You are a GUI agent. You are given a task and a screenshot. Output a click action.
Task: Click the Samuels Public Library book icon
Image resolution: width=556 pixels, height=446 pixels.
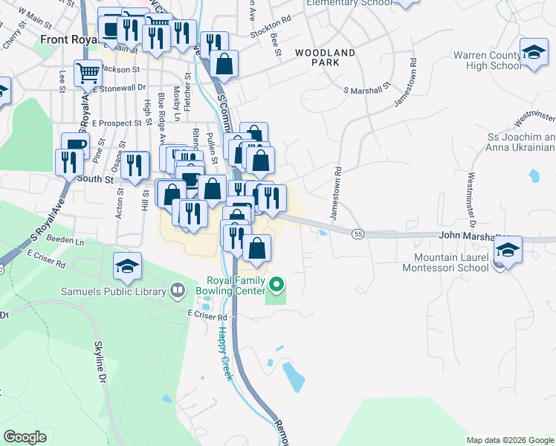pos(177,290)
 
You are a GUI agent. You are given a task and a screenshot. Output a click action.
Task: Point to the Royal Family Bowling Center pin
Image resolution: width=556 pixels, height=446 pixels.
pos(277,285)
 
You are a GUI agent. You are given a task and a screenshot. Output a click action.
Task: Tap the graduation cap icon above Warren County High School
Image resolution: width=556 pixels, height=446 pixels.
pos(534,53)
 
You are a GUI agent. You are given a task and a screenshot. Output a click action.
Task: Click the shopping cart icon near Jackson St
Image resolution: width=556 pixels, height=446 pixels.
pos(88,73)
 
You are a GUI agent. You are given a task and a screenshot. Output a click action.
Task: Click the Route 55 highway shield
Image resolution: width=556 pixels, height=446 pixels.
pos(358,234)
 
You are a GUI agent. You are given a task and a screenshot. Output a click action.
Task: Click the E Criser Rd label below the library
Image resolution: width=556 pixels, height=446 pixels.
pos(207,317)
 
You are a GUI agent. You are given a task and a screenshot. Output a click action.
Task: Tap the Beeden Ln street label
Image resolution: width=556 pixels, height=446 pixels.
pos(65,240)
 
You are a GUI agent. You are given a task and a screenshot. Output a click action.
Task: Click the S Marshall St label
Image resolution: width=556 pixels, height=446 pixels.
pos(366,90)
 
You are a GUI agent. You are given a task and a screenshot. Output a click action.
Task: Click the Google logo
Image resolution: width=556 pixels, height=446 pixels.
pos(25,437)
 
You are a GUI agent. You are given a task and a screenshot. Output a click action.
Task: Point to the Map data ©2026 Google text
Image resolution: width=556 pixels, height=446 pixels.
pos(509,440)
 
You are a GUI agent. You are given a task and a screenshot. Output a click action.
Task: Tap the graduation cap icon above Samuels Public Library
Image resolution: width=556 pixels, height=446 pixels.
pos(127,265)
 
